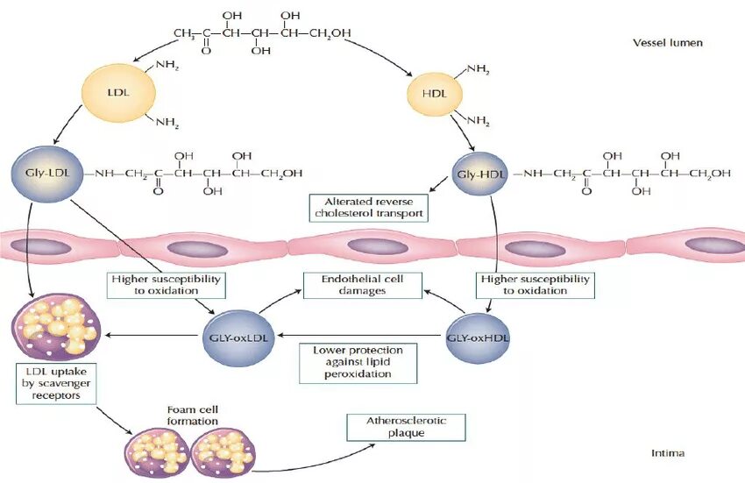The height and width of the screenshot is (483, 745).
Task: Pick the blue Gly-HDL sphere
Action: pos(480,174)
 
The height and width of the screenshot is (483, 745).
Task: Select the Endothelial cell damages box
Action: pos(363,284)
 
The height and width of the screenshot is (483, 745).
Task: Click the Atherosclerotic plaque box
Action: pos(404,428)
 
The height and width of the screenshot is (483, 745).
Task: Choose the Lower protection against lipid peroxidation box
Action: pos(352,362)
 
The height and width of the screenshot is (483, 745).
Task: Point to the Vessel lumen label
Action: pos(668,42)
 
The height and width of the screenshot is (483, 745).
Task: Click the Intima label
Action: pos(668,453)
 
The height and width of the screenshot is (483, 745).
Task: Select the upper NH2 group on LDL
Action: pos(167,66)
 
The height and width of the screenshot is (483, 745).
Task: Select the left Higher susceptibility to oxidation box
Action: pos(167,284)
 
